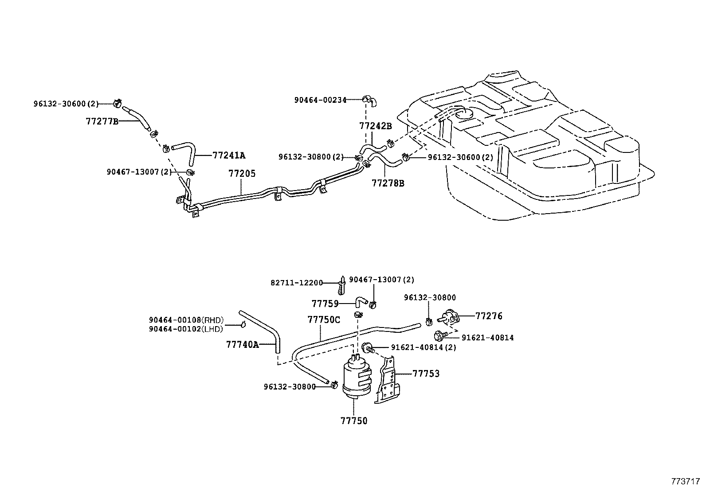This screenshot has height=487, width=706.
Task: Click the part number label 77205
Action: click(x=242, y=174)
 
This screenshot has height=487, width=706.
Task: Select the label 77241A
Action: click(x=229, y=156)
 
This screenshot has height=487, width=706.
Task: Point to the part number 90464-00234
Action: click(x=320, y=101)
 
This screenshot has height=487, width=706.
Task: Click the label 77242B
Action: click(x=376, y=126)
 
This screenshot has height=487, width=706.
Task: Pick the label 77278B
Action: click(x=388, y=183)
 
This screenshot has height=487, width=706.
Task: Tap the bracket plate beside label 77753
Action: click(x=388, y=381)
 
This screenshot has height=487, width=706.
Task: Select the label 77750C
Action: click(x=324, y=319)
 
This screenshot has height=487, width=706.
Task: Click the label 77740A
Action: click(x=242, y=344)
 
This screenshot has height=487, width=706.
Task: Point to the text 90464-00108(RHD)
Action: click(x=186, y=320)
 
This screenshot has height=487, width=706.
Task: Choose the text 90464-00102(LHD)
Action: click(x=186, y=328)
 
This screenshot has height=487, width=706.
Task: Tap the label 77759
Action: click(x=325, y=304)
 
